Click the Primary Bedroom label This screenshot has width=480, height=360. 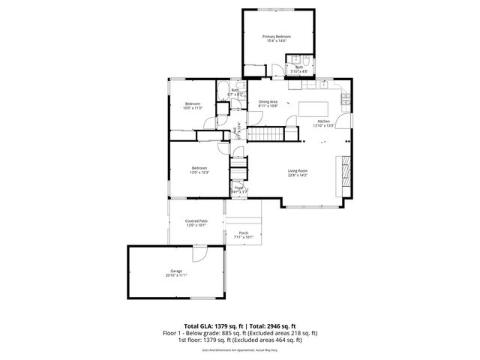pos(276,37)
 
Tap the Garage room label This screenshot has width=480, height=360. pos(176,271)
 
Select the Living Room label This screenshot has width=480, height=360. pos(298,171)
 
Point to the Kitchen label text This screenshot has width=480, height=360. pos(323,121)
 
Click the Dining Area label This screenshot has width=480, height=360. pos(268,102)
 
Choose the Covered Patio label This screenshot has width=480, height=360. pos(196,221)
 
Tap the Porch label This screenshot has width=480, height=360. pos(244,233)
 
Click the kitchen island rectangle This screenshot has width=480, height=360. pos(314,109)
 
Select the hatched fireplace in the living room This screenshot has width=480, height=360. pos(346,172)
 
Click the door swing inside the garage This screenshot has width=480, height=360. pos(199,255)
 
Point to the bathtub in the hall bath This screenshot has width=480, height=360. pos(223,93)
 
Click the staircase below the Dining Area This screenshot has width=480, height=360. pos(266,134)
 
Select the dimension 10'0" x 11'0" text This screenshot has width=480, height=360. pos(193,108)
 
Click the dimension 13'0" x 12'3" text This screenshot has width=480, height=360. pos(199,172)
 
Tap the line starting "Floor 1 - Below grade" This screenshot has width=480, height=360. pos(240,333)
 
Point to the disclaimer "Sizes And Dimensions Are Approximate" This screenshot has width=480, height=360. pos(240,349)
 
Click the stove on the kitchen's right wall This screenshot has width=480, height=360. pos(346,98)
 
